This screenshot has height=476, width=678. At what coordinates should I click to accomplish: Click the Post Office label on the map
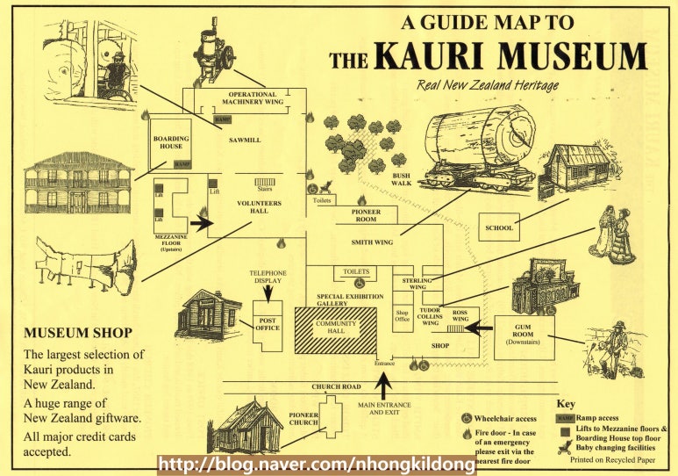point(267,322)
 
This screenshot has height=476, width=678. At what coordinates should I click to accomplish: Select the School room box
point(498,227)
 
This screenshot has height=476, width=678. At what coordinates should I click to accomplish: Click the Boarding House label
point(170,142)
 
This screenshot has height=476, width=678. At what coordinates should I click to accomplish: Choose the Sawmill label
point(242,139)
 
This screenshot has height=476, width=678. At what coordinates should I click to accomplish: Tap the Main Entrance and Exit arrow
point(383,384)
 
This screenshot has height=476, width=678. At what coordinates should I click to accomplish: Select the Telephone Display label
point(268,278)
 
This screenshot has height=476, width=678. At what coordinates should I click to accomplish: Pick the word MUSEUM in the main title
point(572,57)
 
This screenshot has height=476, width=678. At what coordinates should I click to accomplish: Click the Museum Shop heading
point(78,334)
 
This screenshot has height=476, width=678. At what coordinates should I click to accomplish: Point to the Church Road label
point(337,386)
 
